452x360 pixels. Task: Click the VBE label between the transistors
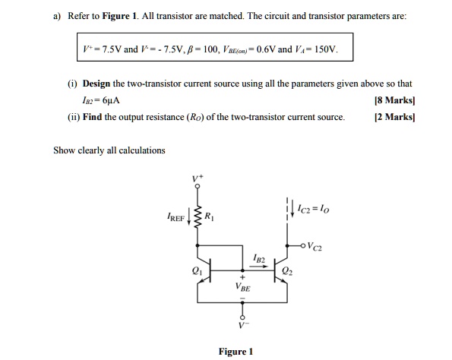pos(245,289)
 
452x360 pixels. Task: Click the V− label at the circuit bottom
pos(244,325)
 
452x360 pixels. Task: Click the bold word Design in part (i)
pos(99,84)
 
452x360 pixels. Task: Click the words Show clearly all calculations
pos(109,150)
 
